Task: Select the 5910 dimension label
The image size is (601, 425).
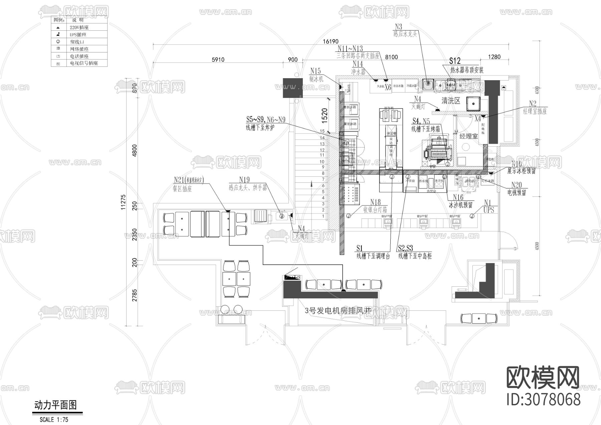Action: [x=218, y=60]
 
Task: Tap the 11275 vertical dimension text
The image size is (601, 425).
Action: [x=123, y=202]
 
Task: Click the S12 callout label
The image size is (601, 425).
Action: [x=455, y=61]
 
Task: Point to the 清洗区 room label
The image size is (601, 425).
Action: [x=451, y=101]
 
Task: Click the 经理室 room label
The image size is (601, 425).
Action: [x=468, y=136]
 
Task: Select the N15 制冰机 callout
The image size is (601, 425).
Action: [x=316, y=75]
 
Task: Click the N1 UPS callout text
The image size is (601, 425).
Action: [x=488, y=206]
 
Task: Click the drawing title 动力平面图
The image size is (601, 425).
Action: [x=56, y=405]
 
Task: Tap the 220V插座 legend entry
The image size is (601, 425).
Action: [x=79, y=27]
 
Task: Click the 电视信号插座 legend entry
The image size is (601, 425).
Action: [x=84, y=63]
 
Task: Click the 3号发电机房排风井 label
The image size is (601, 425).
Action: [x=338, y=310]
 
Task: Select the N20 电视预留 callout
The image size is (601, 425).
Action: [x=517, y=189]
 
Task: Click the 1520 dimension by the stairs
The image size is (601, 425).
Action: [x=324, y=115]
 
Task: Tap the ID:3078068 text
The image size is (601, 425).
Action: [x=544, y=400]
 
